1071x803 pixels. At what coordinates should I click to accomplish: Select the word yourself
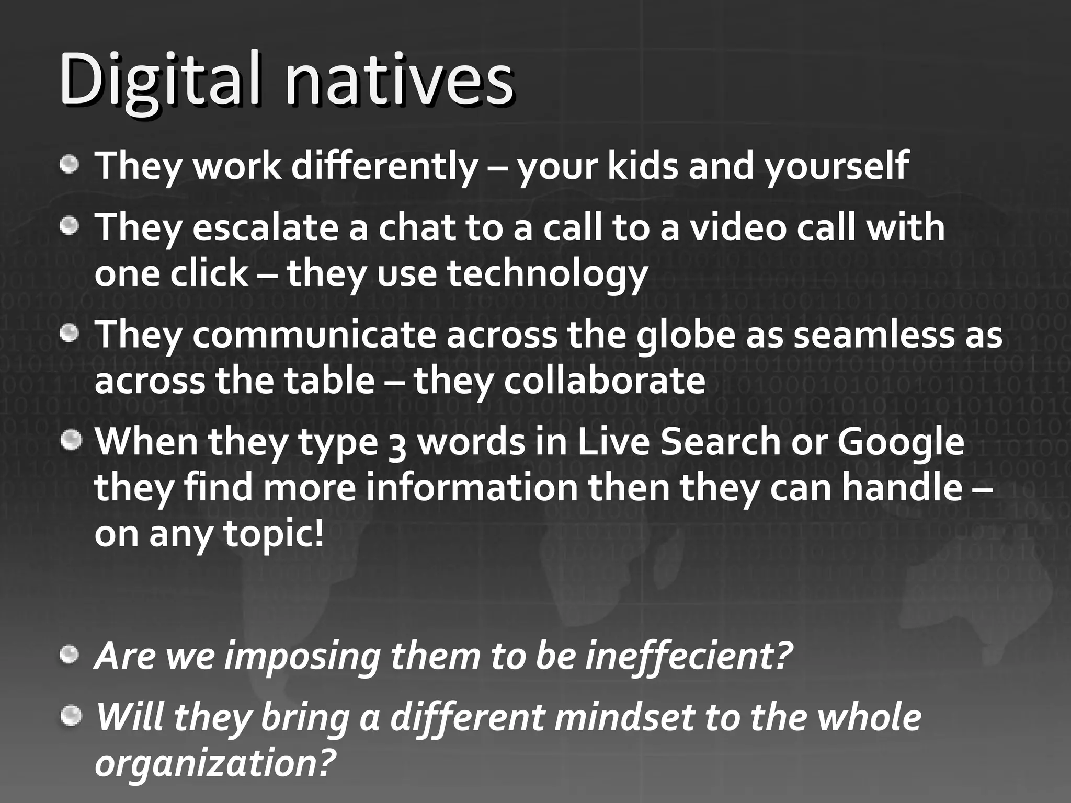pyautogui.click(x=837, y=166)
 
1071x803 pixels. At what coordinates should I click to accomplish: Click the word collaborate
pyautogui.click(x=605, y=381)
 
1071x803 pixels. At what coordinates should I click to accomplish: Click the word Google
pyautogui.click(x=901, y=442)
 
